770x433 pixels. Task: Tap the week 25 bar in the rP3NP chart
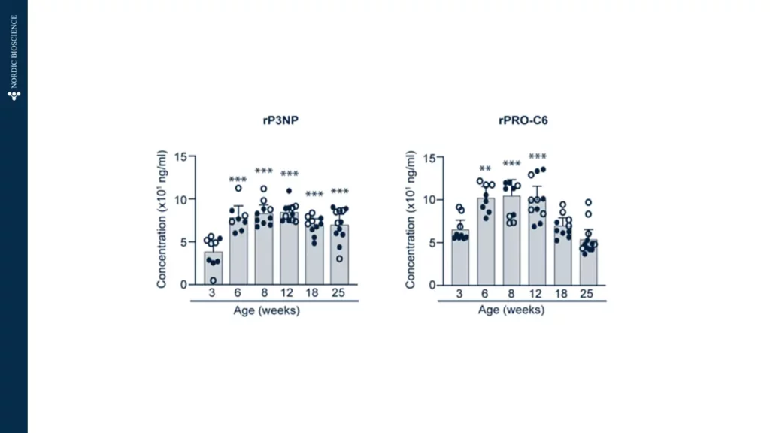[x=340, y=256]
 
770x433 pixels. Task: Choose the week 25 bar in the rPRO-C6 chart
[x=587, y=263]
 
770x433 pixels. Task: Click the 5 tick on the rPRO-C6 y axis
[x=429, y=243]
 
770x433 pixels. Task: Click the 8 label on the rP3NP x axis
[x=264, y=294]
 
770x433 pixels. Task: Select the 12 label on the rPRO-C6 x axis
[x=537, y=294]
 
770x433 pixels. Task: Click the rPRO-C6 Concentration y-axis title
[x=411, y=220]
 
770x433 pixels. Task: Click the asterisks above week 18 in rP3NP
[x=314, y=195]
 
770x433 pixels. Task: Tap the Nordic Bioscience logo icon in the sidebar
[x=14, y=95]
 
